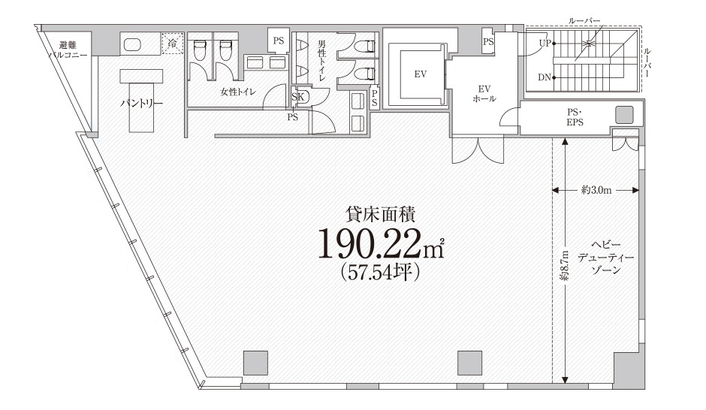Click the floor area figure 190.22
[x=380, y=244]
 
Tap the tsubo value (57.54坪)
[x=380, y=271]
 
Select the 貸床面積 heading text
[x=380, y=214]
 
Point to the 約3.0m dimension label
[x=596, y=190]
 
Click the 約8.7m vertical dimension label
[x=565, y=265]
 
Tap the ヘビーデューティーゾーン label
[x=605, y=257]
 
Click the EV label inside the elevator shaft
[x=420, y=74]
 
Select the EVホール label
[x=484, y=94]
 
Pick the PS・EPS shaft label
[x=575, y=116]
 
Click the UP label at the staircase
[x=545, y=44]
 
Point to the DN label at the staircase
[x=545, y=77]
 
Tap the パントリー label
[x=141, y=104]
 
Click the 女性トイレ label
[x=238, y=92]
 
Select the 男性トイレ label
[x=321, y=60]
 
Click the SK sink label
[x=297, y=97]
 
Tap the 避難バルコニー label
[x=68, y=50]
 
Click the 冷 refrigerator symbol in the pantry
[x=173, y=44]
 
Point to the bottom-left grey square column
[x=256, y=363]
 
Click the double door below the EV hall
[x=478, y=150]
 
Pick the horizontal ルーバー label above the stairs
[x=584, y=21]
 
